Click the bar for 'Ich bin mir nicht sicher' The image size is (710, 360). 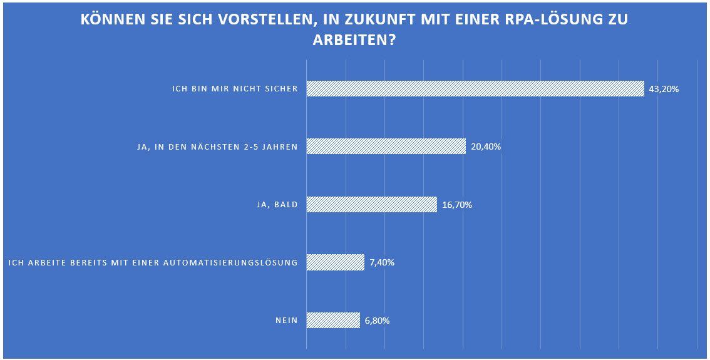475,88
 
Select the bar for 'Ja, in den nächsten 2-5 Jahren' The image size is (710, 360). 386,147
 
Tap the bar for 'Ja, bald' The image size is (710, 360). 371,204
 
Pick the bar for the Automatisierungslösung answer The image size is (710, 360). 335,262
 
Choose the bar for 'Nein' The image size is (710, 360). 333,320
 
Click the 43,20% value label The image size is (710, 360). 664,89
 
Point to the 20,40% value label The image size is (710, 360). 486,147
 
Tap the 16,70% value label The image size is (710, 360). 456,205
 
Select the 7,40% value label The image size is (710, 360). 382,263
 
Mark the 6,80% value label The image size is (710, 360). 378,321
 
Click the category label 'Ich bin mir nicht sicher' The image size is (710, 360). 235,89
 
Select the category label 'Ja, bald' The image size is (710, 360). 273,205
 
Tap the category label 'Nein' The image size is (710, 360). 286,321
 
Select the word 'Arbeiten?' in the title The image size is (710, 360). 355,39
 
